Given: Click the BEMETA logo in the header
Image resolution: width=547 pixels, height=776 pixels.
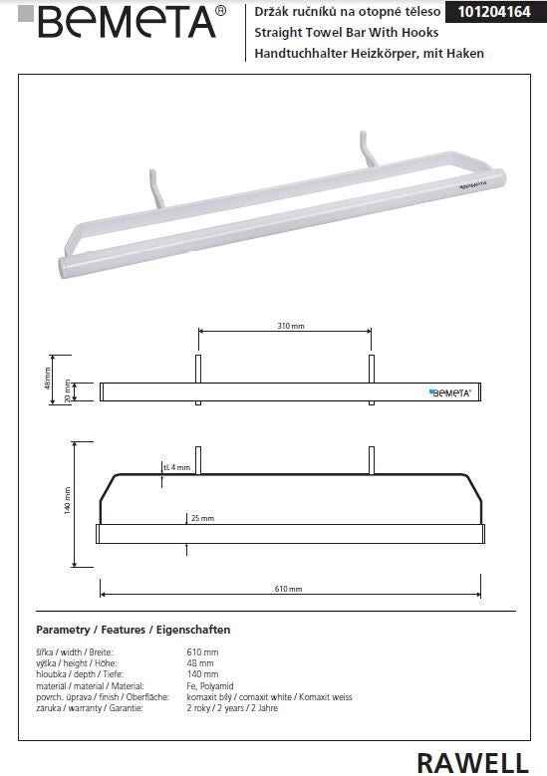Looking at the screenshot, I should coord(121,22).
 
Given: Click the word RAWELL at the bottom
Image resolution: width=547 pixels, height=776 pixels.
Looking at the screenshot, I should coord(472,762).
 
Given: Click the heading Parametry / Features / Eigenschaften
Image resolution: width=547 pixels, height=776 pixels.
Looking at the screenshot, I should coord(133,630).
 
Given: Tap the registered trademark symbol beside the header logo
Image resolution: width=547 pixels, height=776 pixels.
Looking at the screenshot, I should coord(220,11).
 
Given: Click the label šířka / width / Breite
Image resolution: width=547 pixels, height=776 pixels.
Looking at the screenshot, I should coord(73,652).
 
